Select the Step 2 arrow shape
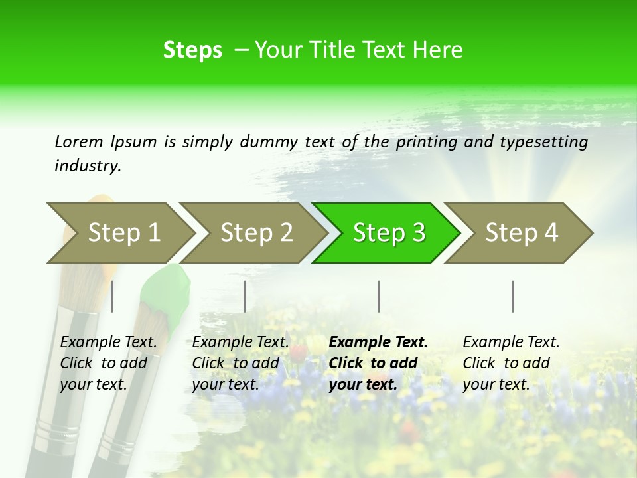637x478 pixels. [255, 232]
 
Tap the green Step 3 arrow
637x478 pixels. [388, 232]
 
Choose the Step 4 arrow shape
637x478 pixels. [521, 232]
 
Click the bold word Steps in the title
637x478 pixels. [192, 50]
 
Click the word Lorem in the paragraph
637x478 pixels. [78, 141]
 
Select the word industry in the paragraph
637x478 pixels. [88, 166]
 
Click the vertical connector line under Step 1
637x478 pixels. [112, 296]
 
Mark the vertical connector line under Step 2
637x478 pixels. [245, 296]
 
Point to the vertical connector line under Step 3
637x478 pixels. [379, 296]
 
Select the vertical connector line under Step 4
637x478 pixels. [512, 296]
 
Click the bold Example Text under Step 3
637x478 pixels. [378, 342]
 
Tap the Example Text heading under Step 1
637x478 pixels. [108, 342]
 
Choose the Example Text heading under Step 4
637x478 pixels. [511, 342]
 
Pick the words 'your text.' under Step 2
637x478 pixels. [226, 384]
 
